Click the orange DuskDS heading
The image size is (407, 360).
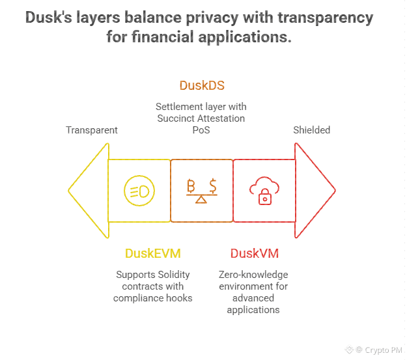(202, 86)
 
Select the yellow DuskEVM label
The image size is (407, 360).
(152, 253)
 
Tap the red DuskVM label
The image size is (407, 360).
(255, 253)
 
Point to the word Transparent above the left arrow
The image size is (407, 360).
(92, 130)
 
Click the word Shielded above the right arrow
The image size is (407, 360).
(311, 130)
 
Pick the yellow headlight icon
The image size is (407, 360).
(139, 191)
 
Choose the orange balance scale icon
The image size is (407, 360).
(202, 191)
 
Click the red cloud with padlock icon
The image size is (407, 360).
(264, 191)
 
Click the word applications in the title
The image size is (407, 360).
(240, 37)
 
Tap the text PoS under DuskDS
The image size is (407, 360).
(201, 130)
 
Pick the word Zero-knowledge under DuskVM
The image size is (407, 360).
(253, 275)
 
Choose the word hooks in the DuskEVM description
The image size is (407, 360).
(178, 298)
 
